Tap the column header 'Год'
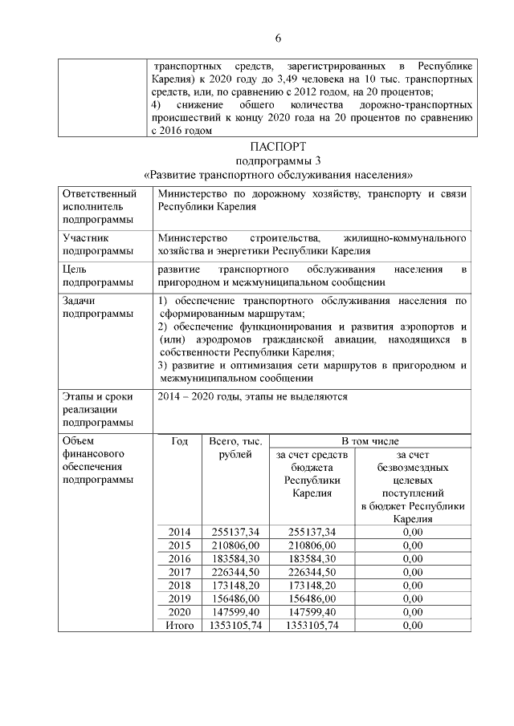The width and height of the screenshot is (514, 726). [x=180, y=442]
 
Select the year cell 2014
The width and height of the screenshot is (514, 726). [x=180, y=532]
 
